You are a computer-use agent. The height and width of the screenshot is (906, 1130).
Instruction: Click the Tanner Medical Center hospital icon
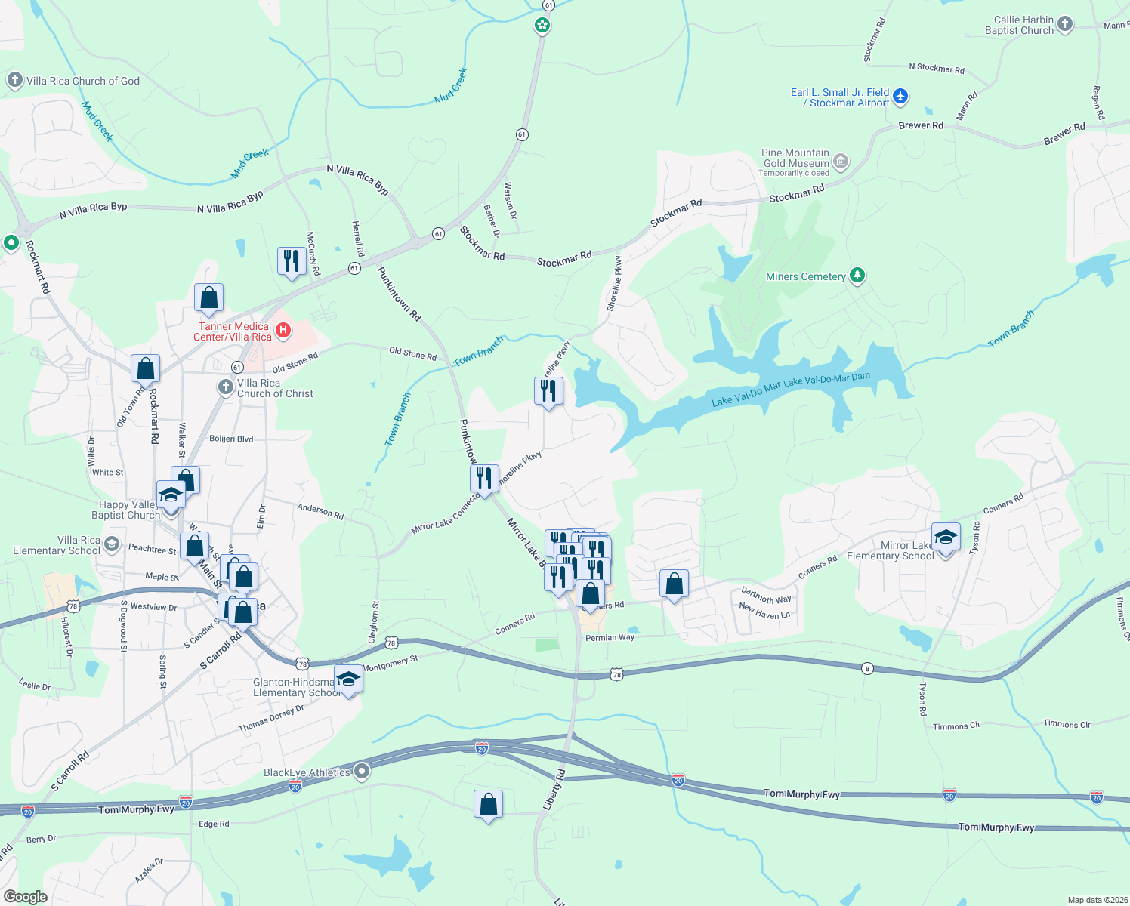point(283,329)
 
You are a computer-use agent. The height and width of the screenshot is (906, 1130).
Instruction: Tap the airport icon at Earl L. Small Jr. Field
point(900,97)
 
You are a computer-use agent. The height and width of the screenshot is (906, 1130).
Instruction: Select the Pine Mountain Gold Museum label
point(795,159)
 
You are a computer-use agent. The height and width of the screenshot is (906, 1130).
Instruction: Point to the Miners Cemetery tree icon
point(857,275)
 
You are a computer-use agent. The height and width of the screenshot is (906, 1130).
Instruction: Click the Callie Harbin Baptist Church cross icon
point(1065,24)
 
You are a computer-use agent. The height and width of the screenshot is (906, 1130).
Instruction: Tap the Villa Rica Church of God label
point(82,81)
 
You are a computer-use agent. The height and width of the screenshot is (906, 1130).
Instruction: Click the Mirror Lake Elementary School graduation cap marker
point(946,538)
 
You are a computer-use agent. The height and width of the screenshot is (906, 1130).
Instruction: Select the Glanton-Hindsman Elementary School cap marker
point(348,679)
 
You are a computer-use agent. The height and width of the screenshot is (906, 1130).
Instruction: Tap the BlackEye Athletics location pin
point(362,771)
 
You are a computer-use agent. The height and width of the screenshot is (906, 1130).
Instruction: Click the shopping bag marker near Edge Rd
point(488,805)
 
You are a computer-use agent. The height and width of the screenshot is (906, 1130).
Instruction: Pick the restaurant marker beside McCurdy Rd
point(292,260)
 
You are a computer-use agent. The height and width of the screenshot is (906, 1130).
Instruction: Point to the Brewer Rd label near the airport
point(921,125)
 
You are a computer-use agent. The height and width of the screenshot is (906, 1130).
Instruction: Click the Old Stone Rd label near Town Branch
point(412,353)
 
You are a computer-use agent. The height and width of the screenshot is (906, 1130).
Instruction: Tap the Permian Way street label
point(610,637)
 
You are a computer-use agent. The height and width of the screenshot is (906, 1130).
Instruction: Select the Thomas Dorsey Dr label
point(271,718)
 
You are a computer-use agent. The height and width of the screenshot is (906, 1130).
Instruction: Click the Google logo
point(25,897)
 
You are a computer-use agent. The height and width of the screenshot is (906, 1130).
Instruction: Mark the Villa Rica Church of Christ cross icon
point(225,387)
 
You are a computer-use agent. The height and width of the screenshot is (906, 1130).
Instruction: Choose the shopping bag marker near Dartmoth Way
point(674,584)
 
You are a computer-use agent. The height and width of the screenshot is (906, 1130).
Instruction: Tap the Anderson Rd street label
point(320,511)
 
